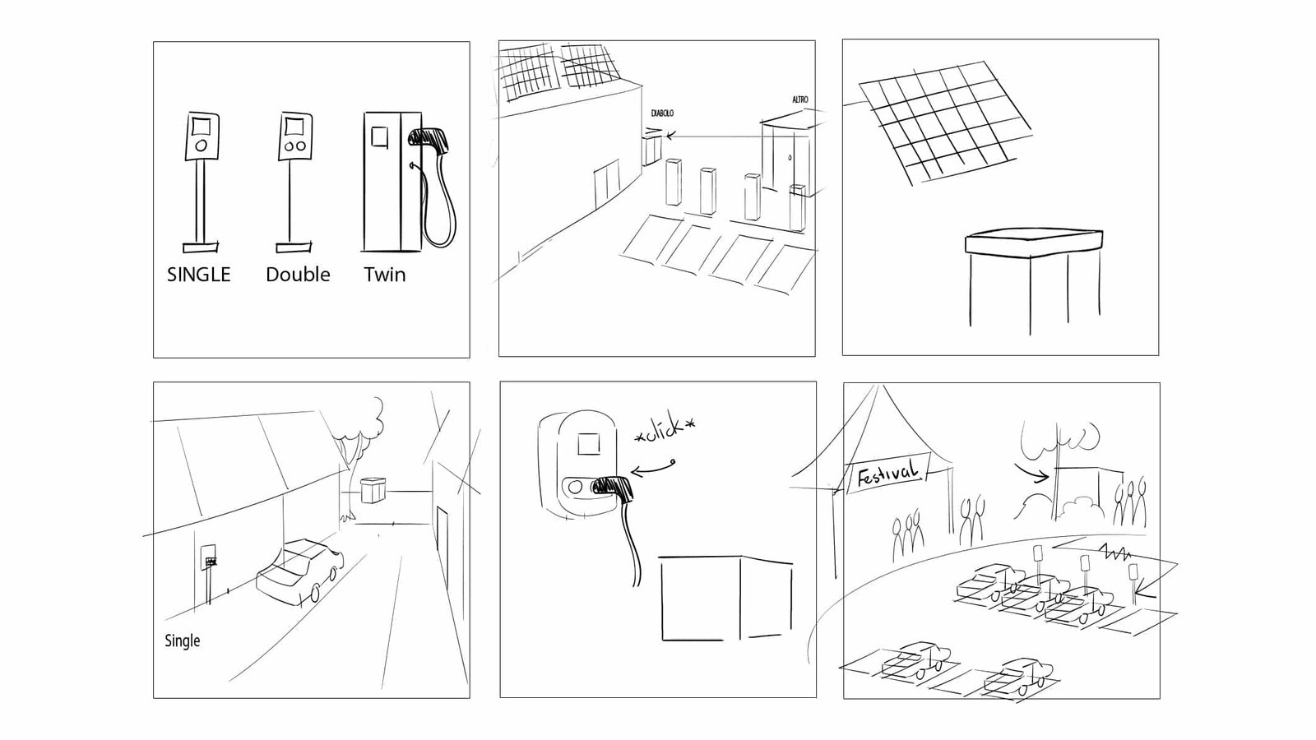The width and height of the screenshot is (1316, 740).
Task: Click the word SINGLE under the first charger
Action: [x=198, y=275]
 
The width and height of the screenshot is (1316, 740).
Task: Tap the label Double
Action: [x=298, y=275]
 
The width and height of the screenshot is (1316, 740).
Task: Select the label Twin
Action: [x=385, y=275]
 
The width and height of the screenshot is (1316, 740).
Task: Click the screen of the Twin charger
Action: [x=379, y=136]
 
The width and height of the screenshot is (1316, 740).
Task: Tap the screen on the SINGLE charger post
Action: [x=202, y=127]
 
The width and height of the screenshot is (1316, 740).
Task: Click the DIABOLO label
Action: [x=661, y=113]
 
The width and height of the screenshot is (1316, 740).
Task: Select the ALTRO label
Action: [x=799, y=99]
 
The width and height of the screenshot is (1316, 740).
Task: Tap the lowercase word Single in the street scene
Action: [x=182, y=641]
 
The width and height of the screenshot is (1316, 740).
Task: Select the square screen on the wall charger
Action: [x=588, y=445]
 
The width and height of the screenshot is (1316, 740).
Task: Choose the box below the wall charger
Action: [x=724, y=598]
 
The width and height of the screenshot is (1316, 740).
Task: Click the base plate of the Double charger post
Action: [x=294, y=246]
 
